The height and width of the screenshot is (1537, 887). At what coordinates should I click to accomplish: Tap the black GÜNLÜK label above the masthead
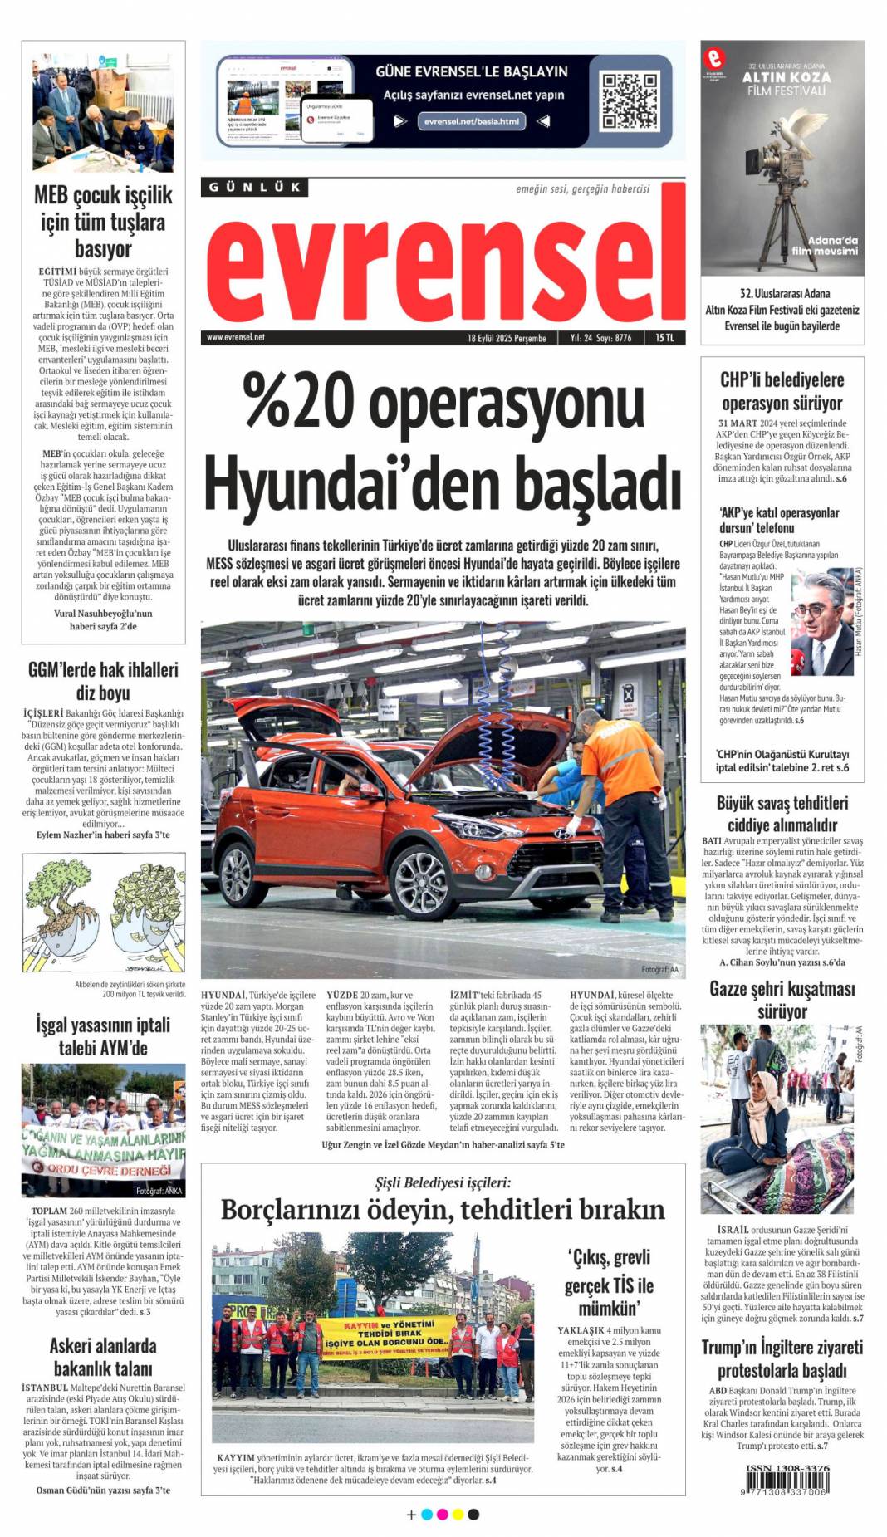(x=254, y=188)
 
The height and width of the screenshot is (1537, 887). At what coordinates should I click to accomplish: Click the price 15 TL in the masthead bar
(x=664, y=338)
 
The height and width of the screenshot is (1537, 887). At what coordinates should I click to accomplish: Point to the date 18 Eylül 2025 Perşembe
(x=507, y=338)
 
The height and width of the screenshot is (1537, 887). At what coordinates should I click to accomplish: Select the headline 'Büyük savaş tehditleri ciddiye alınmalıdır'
(x=782, y=814)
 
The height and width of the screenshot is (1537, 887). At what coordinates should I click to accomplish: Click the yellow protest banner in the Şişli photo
(x=386, y=1336)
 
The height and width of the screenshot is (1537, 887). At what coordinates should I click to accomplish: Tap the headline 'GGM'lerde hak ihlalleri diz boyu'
(x=103, y=681)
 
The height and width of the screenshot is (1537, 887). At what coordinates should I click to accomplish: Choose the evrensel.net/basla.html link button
(x=471, y=121)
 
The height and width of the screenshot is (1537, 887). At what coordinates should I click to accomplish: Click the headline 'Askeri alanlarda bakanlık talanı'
(x=103, y=1356)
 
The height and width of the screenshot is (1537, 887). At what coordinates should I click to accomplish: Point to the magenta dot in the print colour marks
(x=442, y=1515)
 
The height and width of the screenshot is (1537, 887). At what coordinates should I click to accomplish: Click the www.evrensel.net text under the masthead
(x=236, y=338)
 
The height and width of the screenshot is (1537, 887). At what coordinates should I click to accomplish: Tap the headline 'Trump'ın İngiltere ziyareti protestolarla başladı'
(x=782, y=1358)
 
